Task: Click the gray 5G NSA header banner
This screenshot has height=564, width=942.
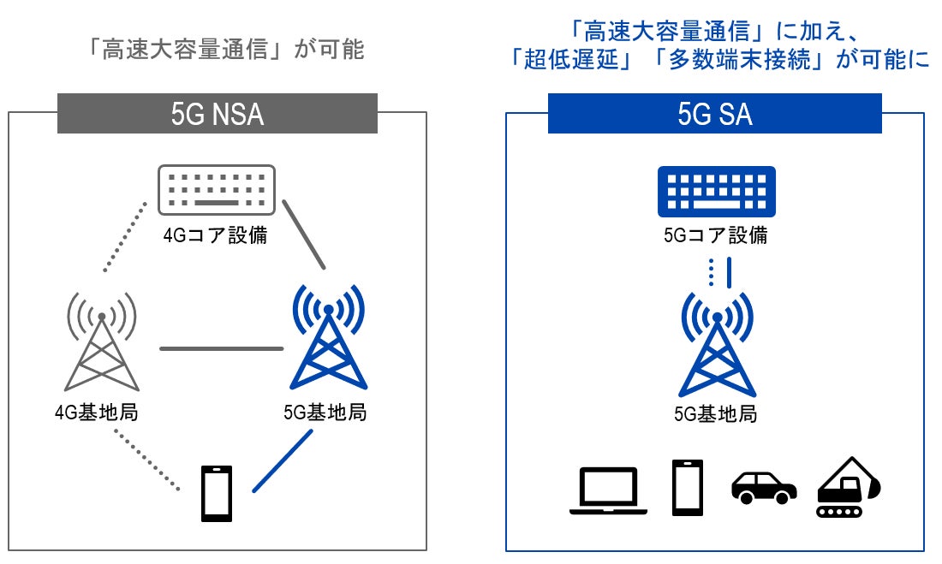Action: pyautogui.click(x=218, y=114)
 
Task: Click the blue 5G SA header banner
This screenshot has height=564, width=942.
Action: pyautogui.click(x=714, y=114)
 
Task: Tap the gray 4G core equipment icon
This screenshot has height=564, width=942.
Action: pyautogui.click(x=217, y=189)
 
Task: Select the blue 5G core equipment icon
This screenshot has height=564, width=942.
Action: pyautogui.click(x=716, y=191)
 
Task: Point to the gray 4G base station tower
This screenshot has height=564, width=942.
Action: pyautogui.click(x=102, y=343)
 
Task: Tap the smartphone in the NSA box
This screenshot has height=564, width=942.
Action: pyautogui.click(x=216, y=494)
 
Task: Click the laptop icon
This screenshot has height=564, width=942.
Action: pyautogui.click(x=608, y=490)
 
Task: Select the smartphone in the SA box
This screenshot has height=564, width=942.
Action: pyautogui.click(x=688, y=488)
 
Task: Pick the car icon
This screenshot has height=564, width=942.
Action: pyautogui.click(x=764, y=487)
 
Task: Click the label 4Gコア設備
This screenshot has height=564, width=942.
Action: pyautogui.click(x=216, y=235)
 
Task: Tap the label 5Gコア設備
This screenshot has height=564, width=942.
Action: pyautogui.click(x=716, y=235)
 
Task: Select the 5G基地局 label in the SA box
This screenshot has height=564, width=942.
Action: pyautogui.click(x=716, y=415)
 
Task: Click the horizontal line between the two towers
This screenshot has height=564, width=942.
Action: pyautogui.click(x=221, y=348)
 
